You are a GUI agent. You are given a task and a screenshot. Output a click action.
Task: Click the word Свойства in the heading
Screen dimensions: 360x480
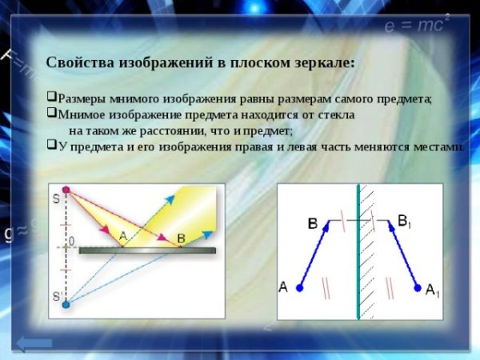pyautogui.click(x=81, y=62)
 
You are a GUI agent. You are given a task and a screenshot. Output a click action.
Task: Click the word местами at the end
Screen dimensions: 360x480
pyautogui.click(x=437, y=146)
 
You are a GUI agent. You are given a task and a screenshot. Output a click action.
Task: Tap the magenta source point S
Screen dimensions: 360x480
pyautogui.click(x=66, y=190)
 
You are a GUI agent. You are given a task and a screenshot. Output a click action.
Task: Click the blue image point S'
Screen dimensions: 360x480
pyautogui.click(x=66, y=303)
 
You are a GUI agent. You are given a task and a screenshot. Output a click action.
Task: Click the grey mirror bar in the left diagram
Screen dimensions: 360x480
pyautogui.click(x=147, y=250)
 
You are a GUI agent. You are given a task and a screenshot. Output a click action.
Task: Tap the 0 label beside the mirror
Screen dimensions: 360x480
pyautogui.click(x=70, y=240)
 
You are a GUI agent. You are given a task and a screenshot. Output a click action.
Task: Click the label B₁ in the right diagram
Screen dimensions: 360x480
pyautogui.click(x=404, y=219)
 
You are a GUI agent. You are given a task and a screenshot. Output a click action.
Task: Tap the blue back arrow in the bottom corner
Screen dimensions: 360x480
pyautogui.click(x=34, y=343)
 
